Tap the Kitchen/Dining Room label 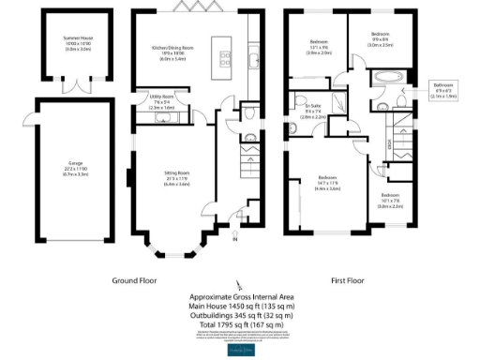173,52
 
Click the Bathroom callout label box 442,91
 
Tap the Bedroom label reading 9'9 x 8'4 380,40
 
